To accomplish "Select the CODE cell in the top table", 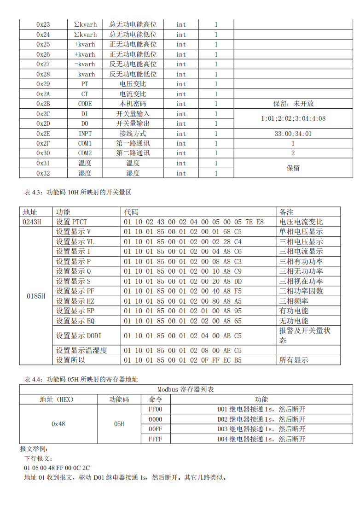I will [x=85, y=104].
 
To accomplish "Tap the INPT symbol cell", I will [x=85, y=134].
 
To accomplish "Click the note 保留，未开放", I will [x=293, y=104].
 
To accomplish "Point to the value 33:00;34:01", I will [x=293, y=134].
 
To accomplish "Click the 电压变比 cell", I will [x=133, y=84].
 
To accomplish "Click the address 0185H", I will [x=36, y=296].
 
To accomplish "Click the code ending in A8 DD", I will [x=182, y=281].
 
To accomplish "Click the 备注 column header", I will [x=286, y=212].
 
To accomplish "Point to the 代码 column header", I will [x=131, y=212].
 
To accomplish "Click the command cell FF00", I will [x=156, y=409].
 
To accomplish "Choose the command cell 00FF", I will [x=156, y=429].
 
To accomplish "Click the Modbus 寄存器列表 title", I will [x=186, y=389].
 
